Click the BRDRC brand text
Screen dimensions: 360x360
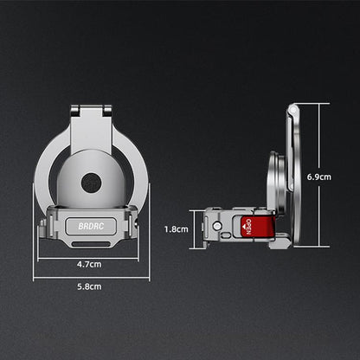(91, 226)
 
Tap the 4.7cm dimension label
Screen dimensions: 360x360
(89, 264)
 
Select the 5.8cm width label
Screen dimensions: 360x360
(89, 286)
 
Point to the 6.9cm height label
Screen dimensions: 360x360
(319, 177)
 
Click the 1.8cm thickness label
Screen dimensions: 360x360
(177, 229)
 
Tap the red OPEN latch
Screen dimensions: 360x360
(258, 227)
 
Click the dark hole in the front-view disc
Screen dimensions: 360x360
(91, 183)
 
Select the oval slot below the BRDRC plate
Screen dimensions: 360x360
(91, 244)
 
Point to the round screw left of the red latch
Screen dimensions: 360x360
(217, 225)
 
